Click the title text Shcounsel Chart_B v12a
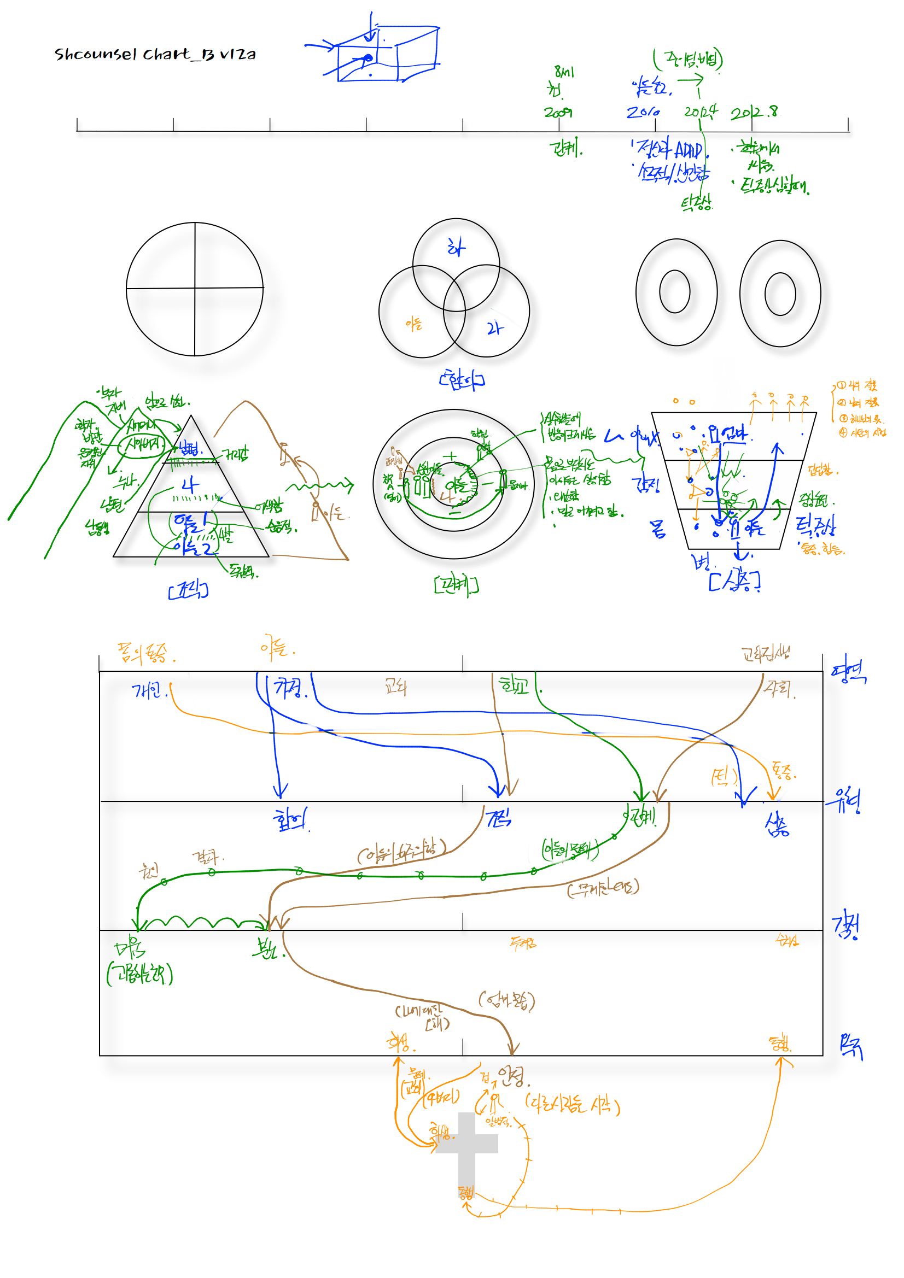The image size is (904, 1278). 155,54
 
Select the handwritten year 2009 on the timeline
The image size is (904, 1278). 558,113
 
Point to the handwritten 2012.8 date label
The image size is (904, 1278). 754,113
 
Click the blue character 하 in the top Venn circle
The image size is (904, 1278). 456,248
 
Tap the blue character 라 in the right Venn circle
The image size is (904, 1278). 494,329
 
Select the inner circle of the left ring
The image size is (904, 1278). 674,291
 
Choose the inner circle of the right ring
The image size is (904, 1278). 780,294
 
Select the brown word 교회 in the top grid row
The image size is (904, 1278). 395,688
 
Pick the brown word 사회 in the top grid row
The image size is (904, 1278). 780,690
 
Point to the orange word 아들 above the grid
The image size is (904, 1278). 277,648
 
